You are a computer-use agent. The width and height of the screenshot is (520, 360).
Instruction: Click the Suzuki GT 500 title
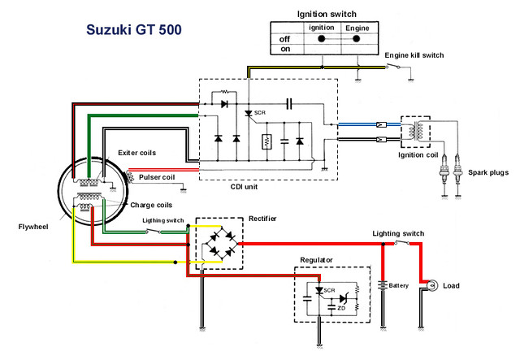pos(134,29)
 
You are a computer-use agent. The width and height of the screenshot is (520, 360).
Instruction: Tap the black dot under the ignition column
pos(322,39)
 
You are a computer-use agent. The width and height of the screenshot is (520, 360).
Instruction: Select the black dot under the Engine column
pos(356,39)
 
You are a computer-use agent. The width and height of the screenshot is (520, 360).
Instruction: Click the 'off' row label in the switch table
pos(284,39)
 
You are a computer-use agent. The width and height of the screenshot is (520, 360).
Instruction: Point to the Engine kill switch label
pos(414,55)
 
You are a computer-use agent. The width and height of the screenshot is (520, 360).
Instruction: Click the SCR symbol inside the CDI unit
pos(249,114)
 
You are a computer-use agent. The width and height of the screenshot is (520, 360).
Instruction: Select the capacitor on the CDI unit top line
pos(289,104)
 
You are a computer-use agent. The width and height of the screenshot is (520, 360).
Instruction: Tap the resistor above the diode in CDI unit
pos(224,92)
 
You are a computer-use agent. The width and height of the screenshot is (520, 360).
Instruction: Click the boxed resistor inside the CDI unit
pos(267,141)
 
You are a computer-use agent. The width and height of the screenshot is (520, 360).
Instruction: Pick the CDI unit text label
pos(244,187)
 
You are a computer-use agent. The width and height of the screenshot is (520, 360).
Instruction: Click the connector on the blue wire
pos(381,125)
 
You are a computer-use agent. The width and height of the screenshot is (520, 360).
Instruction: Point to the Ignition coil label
pos(418,155)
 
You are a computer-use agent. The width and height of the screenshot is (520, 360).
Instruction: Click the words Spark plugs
pos(488,172)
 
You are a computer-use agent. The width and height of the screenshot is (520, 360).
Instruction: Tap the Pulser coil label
pos(157,177)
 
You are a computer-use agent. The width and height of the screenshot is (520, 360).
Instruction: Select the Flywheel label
pos(33,227)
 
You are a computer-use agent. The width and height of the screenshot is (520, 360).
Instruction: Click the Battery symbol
pos(383,285)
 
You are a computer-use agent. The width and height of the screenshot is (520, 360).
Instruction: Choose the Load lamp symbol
pos(431,285)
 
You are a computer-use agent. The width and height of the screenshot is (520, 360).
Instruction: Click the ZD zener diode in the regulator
pos(344,298)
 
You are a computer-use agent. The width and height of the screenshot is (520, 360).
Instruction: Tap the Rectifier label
pos(262,219)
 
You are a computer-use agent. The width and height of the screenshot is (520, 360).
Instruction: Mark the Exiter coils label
pos(137,153)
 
